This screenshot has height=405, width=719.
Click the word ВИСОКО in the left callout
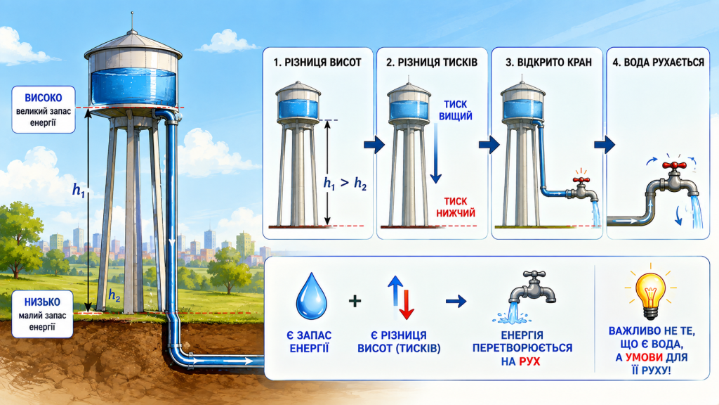pyautogui.click(x=44, y=98)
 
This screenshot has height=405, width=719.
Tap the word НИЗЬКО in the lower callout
pyautogui.click(x=43, y=302)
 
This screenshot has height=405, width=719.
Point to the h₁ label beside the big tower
pyautogui.click(x=79, y=189)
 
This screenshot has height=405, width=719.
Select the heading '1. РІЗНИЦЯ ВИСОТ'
pyautogui.click(x=317, y=63)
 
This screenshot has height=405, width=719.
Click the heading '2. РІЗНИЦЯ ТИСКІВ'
pyautogui.click(x=432, y=63)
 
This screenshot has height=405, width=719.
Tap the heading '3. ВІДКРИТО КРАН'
pyautogui.click(x=548, y=63)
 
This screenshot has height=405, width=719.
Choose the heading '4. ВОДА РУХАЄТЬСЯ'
pyautogui.click(x=658, y=63)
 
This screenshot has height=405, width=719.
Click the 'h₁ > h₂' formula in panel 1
pyautogui.click(x=345, y=184)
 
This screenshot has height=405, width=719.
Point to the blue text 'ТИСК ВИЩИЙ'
pyautogui.click(x=455, y=110)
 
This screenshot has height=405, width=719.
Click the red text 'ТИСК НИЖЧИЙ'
pyautogui.click(x=455, y=207)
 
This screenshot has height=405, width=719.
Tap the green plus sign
pyautogui.click(x=355, y=301)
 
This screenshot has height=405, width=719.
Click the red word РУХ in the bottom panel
pyautogui.click(x=529, y=362)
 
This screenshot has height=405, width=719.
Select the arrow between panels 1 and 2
pyautogui.click(x=374, y=145)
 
